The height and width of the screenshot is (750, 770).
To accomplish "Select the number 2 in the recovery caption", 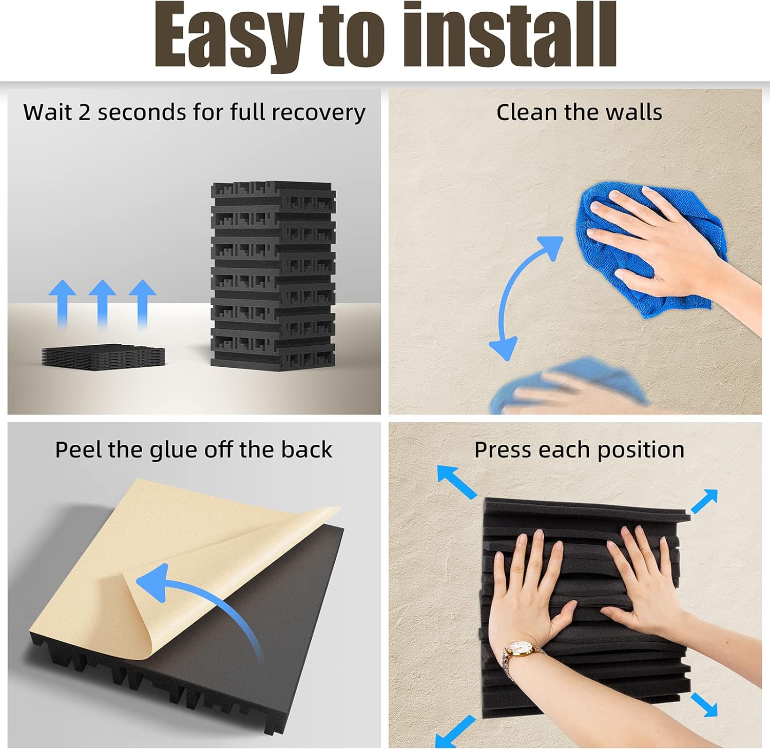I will [x=84, y=112].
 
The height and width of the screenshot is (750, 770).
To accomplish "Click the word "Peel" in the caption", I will [x=78, y=450].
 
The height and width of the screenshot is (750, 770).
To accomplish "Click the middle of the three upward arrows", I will [x=102, y=303].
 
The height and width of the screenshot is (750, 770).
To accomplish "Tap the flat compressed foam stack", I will [x=103, y=356].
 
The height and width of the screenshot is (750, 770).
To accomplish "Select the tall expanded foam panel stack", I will [x=273, y=274].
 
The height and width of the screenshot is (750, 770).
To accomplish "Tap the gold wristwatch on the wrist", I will [x=518, y=650].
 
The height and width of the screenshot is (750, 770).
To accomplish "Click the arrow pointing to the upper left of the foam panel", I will [x=456, y=481].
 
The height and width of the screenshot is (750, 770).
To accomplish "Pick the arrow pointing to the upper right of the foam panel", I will [x=704, y=501].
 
